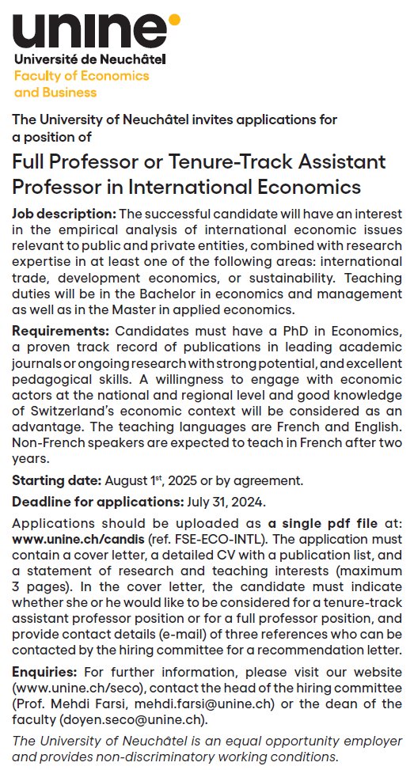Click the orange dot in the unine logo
coord(174,18)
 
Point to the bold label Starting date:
coord(55,480)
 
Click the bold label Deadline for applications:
coord(97,501)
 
